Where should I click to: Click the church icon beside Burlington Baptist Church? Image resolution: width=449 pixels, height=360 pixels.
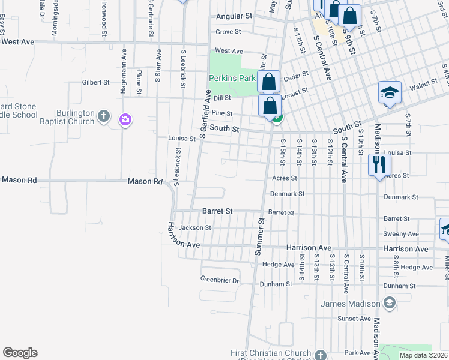pyautogui.click(x=104, y=116)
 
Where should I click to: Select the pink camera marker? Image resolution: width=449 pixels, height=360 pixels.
pyautogui.click(x=125, y=120)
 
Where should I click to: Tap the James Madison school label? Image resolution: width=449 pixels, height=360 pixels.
pyautogui.click(x=351, y=304)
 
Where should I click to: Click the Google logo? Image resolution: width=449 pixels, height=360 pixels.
pyautogui.click(x=20, y=353)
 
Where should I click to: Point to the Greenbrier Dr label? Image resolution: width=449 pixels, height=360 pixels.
pyautogui.click(x=219, y=280)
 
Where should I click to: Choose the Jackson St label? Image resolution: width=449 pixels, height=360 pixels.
pyautogui.click(x=195, y=228)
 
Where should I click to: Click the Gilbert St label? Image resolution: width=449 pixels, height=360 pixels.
pyautogui.click(x=96, y=82)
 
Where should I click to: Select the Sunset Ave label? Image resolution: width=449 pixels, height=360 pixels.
pyautogui.click(x=351, y=319)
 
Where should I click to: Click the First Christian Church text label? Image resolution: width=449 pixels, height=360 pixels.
pyautogui.click(x=271, y=353)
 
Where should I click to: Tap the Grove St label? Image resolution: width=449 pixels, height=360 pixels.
pyautogui.click(x=228, y=32)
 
